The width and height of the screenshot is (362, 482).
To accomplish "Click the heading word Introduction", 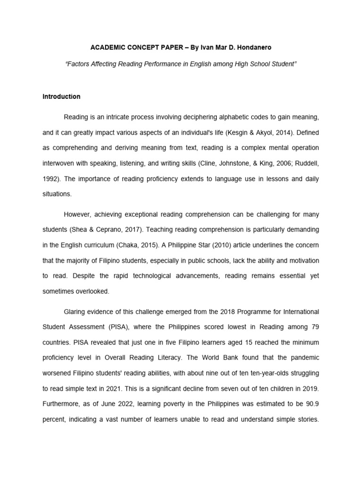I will pos(61,96).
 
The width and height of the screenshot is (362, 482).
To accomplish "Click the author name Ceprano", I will pos(115,229).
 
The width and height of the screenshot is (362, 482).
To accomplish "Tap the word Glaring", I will pos(76,312).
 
